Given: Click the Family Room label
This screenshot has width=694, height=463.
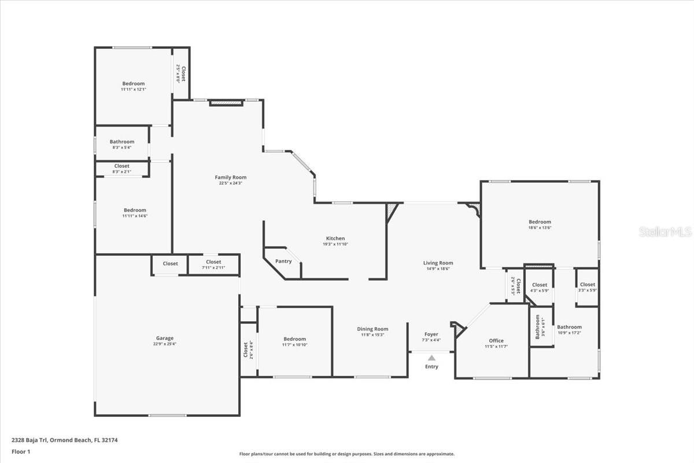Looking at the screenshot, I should pos(230,177).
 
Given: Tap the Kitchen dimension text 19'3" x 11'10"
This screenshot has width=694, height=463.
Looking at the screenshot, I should pos(335,244).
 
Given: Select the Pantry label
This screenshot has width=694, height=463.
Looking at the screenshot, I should pos(283,261).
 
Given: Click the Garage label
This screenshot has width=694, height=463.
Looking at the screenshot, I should pos(164,339).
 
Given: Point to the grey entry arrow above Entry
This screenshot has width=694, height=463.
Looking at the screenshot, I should pos(431,358).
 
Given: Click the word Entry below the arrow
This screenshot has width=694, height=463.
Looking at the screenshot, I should pos(431,366).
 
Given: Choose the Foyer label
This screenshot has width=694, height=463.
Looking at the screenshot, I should pos(431,334).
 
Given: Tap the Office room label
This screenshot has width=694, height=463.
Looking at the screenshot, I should pos(496,340).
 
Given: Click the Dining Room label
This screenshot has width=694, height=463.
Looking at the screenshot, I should pos(372,329).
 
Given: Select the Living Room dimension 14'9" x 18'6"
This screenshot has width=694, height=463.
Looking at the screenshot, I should pos(438,269).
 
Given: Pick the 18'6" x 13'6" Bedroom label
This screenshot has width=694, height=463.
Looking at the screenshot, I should pos(540,222).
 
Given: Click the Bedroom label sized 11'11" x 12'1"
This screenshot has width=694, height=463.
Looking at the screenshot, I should pos(133,83).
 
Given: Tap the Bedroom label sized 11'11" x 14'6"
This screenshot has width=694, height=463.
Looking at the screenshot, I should pos(134,210).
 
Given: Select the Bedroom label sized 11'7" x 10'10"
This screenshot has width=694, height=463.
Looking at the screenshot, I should pos(294,339).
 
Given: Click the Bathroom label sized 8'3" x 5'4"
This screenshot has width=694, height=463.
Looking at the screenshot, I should pos(122,142).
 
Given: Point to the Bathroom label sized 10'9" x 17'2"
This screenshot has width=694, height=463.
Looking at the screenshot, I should pos(569,327).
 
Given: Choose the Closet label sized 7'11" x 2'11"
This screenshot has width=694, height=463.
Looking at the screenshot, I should pos(213,262).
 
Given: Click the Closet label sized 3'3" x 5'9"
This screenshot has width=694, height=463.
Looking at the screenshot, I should pos(587,285).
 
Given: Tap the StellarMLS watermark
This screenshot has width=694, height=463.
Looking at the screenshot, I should pos(665,232).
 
